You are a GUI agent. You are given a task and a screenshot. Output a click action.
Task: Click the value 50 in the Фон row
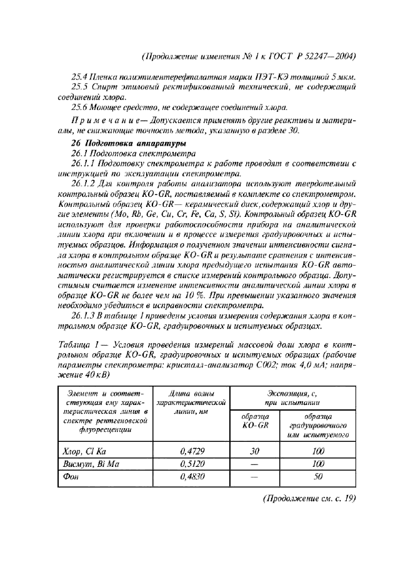click(x=317, y=477)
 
